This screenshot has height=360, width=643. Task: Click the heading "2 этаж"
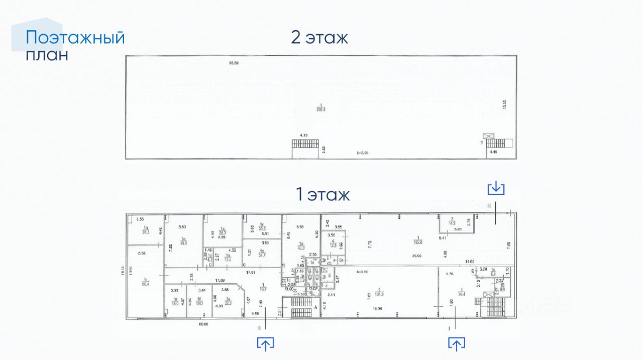pyautogui.click(x=319, y=38)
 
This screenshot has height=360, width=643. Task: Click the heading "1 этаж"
pyautogui.click(x=322, y=194)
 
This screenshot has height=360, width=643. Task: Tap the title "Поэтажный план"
pyautogui.click(x=75, y=46)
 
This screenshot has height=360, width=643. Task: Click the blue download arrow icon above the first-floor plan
pyautogui.click(x=496, y=188)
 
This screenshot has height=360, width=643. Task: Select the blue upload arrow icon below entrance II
pyautogui.click(x=265, y=343)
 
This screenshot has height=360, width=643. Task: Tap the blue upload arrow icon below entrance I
pyautogui.click(x=456, y=343)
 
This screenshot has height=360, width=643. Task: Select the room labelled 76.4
pyautogui.click(x=459, y=291)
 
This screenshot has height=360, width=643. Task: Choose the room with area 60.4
pyautogui.click(x=145, y=281)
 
